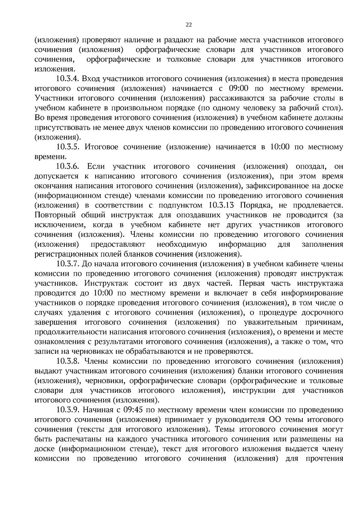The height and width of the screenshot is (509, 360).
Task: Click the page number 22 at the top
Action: (189, 25)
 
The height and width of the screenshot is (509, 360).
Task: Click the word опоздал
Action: (310, 167)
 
